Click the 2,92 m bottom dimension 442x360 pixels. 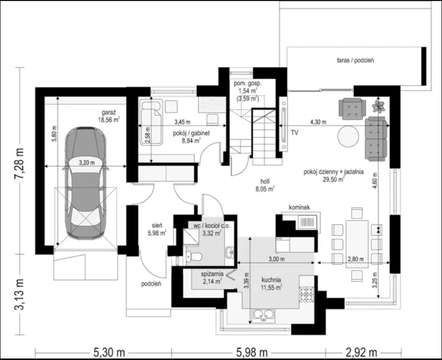(360, 352)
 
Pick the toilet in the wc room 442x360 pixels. (194, 256)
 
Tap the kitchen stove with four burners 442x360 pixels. (306, 295)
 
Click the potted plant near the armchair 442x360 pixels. (378, 106)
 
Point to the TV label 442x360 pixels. (294, 133)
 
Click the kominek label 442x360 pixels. (299, 207)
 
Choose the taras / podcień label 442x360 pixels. (355, 60)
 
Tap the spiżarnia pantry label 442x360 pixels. (212, 274)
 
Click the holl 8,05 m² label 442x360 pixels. (265, 185)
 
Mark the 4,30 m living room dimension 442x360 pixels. (318, 122)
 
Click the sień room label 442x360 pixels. (157, 226)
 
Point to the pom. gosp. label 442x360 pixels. (248, 84)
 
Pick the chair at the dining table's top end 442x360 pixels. (357, 213)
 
